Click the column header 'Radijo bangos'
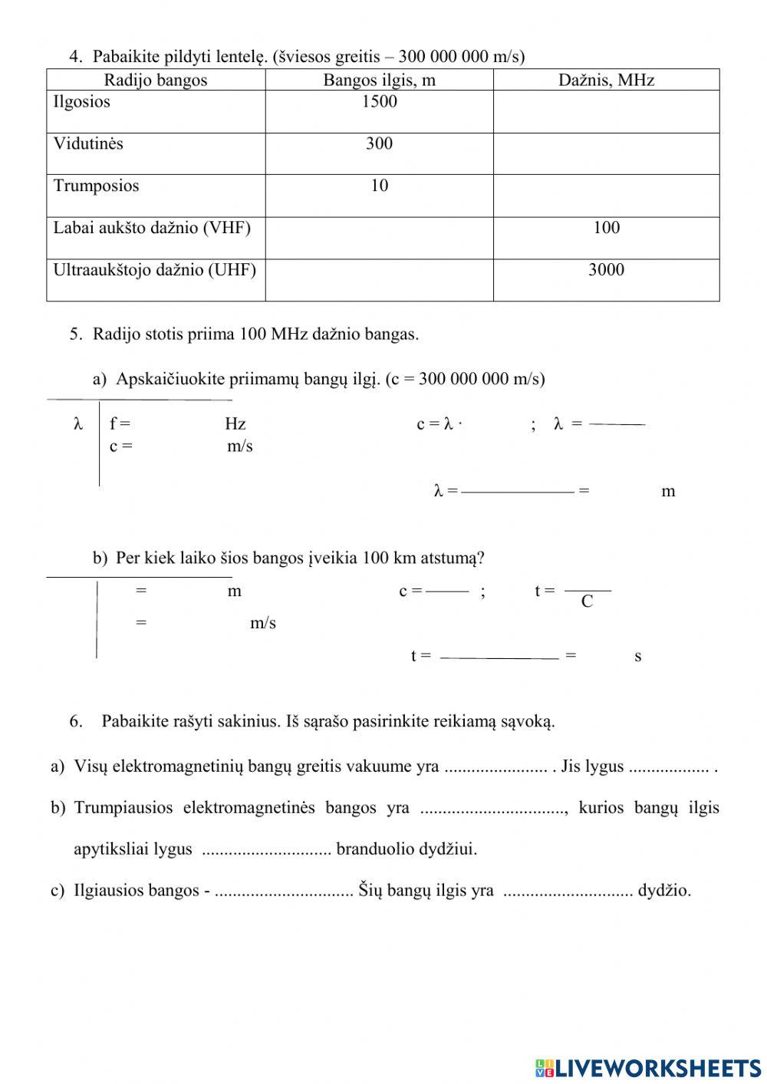pos(156,80)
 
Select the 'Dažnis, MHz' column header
pos(606,80)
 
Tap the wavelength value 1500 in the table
pos(379,102)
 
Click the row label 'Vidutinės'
pos(88,144)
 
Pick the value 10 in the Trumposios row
pos(379,186)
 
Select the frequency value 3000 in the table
pos(606,270)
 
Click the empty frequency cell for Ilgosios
pos(606,112)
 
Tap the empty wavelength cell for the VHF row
pos(379,238)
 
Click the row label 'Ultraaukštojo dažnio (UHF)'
pos(154,270)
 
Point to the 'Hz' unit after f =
pos(235,424)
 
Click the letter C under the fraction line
pos(587,602)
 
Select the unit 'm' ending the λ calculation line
pos(668,492)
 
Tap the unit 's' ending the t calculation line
pos(637,657)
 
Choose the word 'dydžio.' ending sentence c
pos(664,891)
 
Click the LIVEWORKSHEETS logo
pos(648,1067)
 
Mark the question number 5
pos(75,334)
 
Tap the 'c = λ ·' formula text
pos(439,424)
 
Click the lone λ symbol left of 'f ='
pos(77,424)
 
